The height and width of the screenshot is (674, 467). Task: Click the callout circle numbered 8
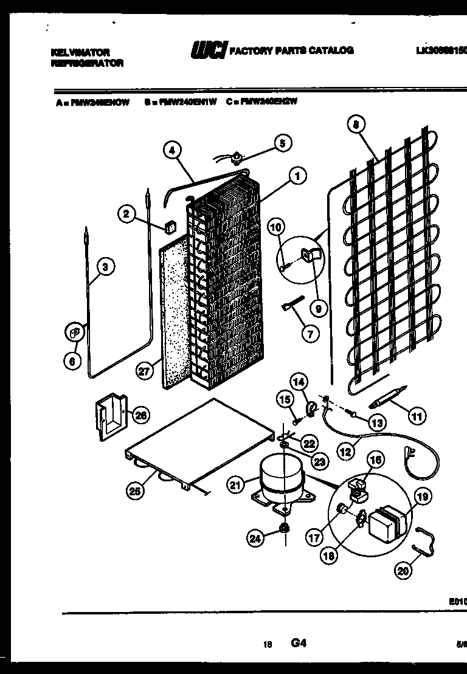click(356, 126)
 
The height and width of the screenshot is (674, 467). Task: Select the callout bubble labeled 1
click(297, 177)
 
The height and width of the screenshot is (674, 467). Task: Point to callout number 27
click(144, 373)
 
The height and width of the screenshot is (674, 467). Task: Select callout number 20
click(403, 570)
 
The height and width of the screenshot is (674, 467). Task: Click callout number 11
click(417, 416)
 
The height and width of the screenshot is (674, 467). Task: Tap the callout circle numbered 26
click(140, 416)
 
